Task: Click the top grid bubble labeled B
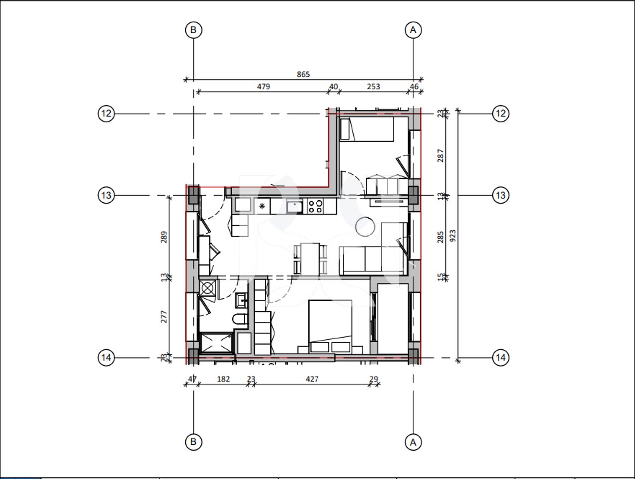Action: click(x=193, y=30)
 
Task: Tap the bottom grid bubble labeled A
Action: click(x=413, y=442)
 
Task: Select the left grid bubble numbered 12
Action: click(x=106, y=114)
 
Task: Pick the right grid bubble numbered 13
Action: click(x=500, y=195)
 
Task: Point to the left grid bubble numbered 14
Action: click(x=106, y=357)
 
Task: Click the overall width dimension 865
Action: click(x=303, y=74)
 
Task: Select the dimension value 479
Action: click(x=263, y=86)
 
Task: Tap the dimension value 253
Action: click(x=373, y=86)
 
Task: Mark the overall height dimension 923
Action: click(x=453, y=236)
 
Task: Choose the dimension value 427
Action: click(x=312, y=379)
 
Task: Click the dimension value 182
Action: click(x=223, y=379)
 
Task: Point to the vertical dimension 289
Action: click(x=165, y=236)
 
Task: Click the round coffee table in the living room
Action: click(x=365, y=226)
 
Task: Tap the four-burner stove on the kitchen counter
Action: click(x=315, y=206)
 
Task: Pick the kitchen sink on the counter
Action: click(x=294, y=206)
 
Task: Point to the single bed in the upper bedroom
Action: click(x=367, y=129)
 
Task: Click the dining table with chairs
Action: click(x=310, y=258)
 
